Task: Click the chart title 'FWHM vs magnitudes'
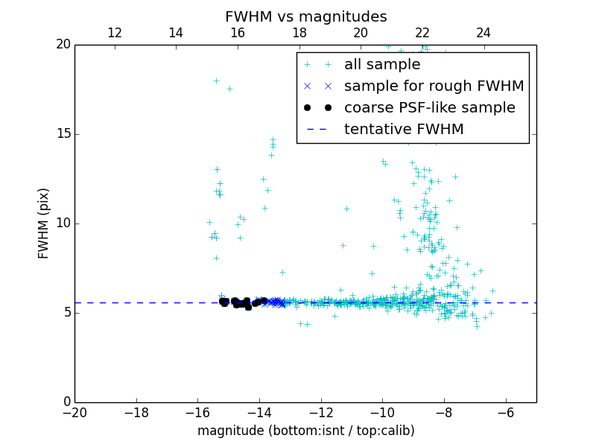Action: pyautogui.click(x=305, y=16)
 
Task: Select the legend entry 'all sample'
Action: pyautogui.click(x=382, y=65)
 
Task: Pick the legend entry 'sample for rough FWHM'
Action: pyautogui.click(x=434, y=86)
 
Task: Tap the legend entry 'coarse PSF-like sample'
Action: pyautogui.click(x=429, y=108)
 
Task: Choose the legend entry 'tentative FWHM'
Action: pyautogui.click(x=404, y=130)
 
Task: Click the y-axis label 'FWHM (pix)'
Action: pyautogui.click(x=44, y=223)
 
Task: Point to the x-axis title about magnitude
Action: pyautogui.click(x=305, y=431)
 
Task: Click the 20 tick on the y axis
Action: pyautogui.click(x=62, y=45)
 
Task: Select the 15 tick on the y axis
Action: pyautogui.click(x=62, y=134)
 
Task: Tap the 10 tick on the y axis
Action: pyautogui.click(x=62, y=223)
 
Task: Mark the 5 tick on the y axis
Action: pyautogui.click(x=65, y=313)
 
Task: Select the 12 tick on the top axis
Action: pyautogui.click(x=115, y=33)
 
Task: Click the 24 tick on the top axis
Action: pyautogui.click(x=484, y=33)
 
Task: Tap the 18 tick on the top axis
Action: pyautogui.click(x=299, y=33)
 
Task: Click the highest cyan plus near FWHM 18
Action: pyautogui.click(x=216, y=80)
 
